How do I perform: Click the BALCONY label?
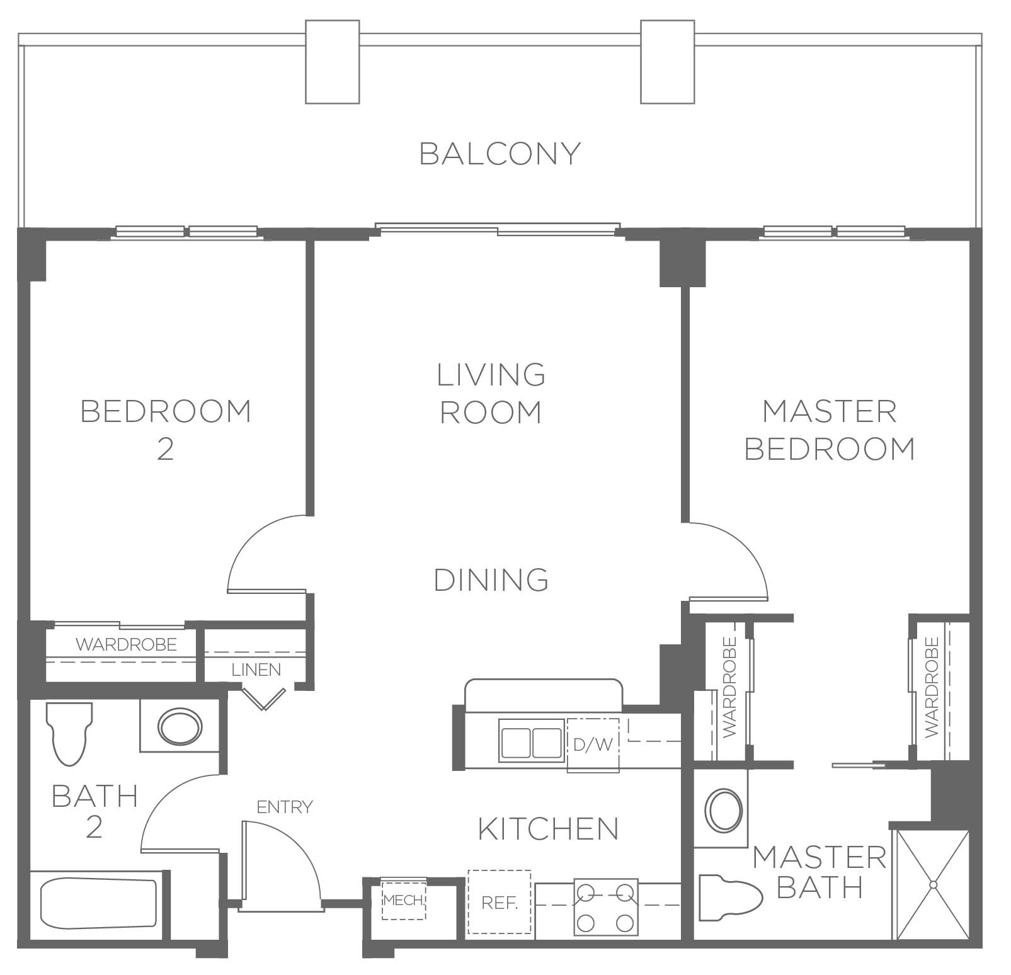point(500,154)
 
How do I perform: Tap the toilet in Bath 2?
point(69,733)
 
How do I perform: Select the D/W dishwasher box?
point(593,744)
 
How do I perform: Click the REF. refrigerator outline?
point(500,903)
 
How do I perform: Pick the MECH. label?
point(404,900)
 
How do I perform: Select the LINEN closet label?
point(256,670)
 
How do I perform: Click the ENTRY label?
point(285,807)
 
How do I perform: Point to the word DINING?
point(491,579)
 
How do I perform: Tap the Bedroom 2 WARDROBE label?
point(127,644)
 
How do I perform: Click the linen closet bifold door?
point(263,698)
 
